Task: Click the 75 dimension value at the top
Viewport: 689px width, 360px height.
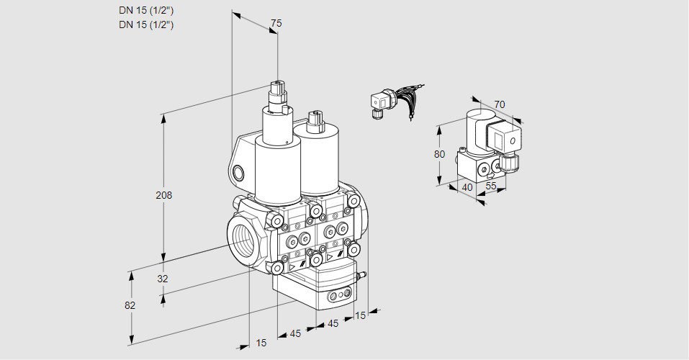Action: tap(276, 24)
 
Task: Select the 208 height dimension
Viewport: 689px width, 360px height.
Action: tap(164, 195)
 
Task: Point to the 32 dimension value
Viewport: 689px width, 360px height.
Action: tap(162, 279)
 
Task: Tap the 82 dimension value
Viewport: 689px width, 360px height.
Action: tap(130, 305)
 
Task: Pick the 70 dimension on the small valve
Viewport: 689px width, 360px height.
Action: tap(500, 104)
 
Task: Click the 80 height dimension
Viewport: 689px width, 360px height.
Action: tap(440, 154)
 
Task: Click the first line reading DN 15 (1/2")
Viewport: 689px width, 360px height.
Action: tap(147, 10)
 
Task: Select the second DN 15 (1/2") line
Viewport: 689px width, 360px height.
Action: tap(147, 24)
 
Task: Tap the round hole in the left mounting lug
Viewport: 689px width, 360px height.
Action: tap(239, 173)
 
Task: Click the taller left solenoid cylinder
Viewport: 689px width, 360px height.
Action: tap(276, 169)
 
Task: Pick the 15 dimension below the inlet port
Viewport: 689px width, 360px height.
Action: tap(261, 343)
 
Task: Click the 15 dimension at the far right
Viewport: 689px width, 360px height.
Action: tap(360, 315)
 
